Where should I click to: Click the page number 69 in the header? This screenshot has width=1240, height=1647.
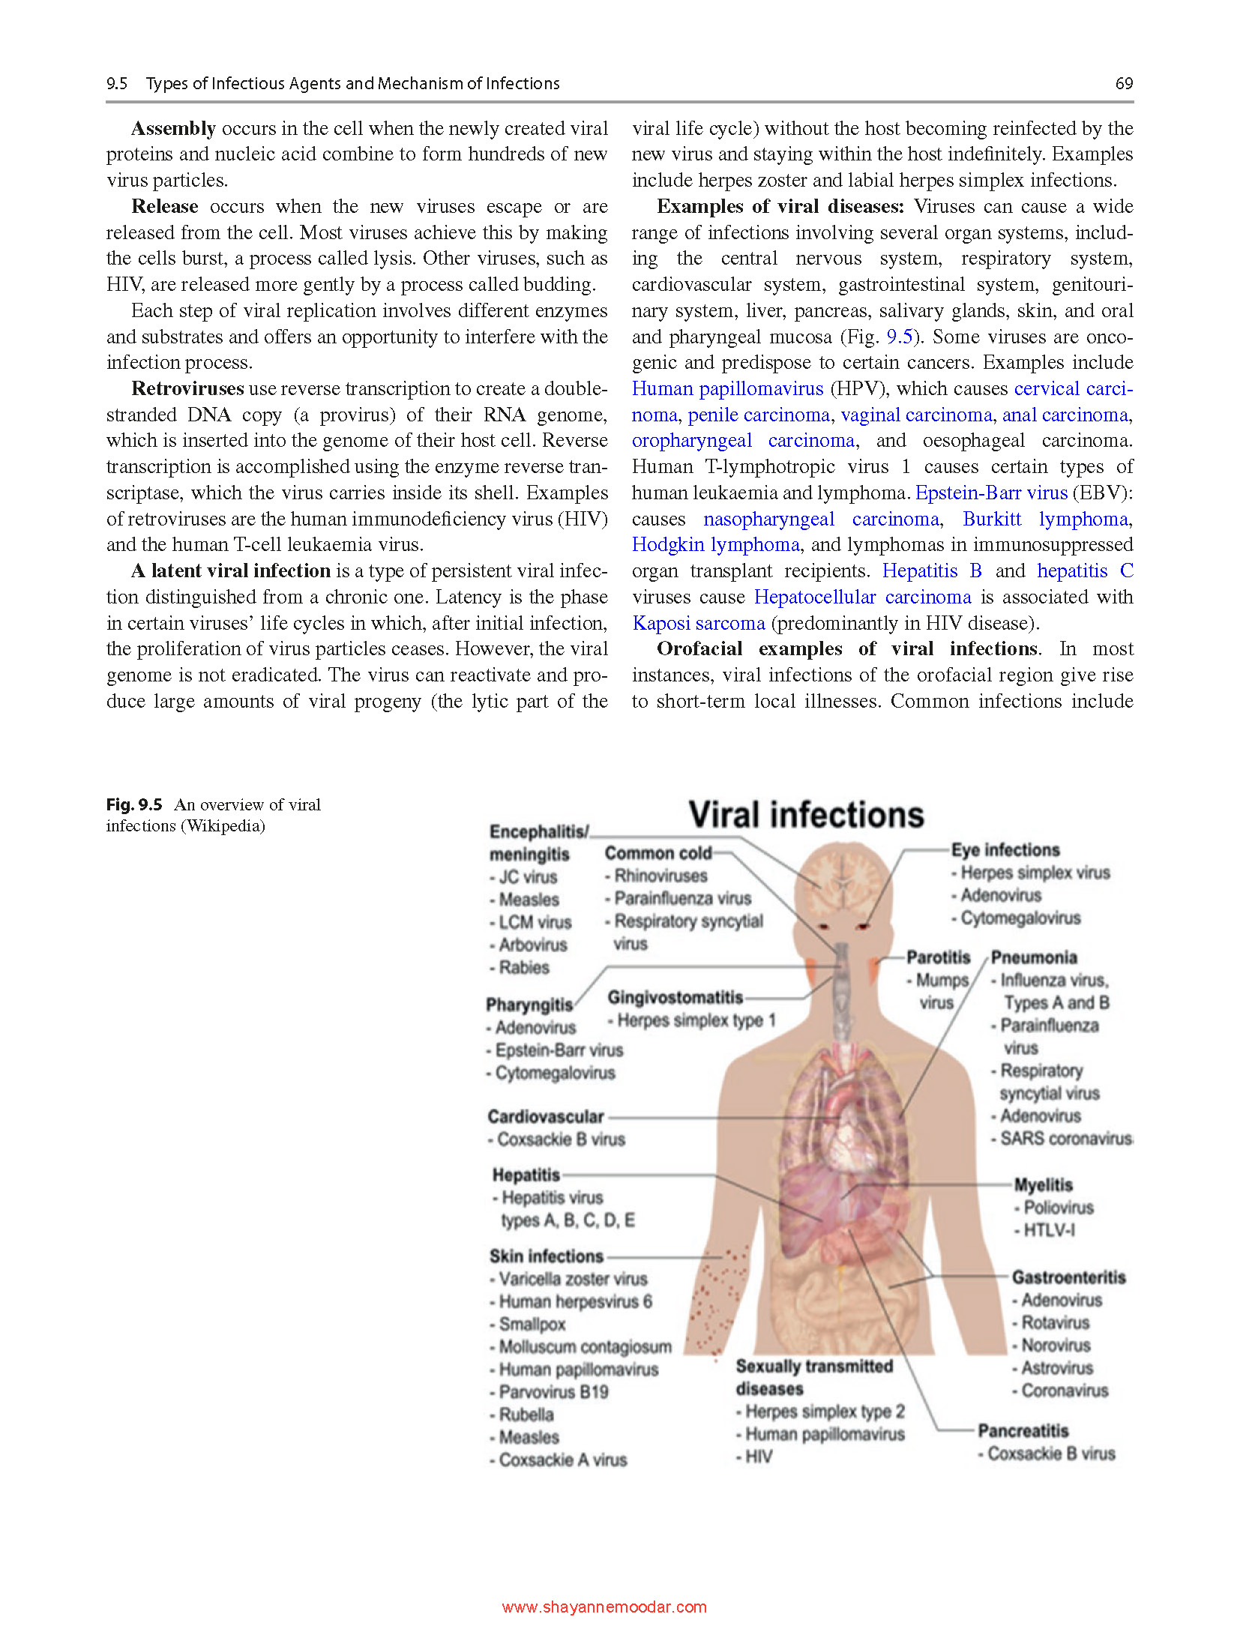pos(1123,83)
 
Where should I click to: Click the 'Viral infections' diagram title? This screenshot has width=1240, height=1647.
pos(806,815)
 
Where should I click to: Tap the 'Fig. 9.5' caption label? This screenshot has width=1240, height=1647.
pos(134,804)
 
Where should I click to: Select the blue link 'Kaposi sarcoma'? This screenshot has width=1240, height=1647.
pos(698,623)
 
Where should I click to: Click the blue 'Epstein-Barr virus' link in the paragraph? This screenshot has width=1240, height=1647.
pos(991,493)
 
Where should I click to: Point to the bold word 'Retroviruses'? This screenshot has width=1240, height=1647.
pos(187,388)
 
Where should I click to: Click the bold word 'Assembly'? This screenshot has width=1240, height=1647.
pos(173,128)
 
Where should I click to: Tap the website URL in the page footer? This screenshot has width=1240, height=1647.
pos(604,1607)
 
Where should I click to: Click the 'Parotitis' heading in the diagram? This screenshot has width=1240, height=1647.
pos(938,957)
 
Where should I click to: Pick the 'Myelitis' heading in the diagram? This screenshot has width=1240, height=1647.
pos(1043,1184)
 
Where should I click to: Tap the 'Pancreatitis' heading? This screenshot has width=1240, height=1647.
pos(1023,1430)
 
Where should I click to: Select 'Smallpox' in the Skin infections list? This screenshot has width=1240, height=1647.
pos(532,1324)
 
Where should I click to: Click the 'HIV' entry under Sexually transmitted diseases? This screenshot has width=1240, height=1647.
pos(758,1457)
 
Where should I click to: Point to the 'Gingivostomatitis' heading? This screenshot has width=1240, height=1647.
pos(675,997)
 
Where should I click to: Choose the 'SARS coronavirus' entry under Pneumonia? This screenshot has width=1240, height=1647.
pos(1065,1138)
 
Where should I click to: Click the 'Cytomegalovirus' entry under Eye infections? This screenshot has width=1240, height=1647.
pos(1020,918)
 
